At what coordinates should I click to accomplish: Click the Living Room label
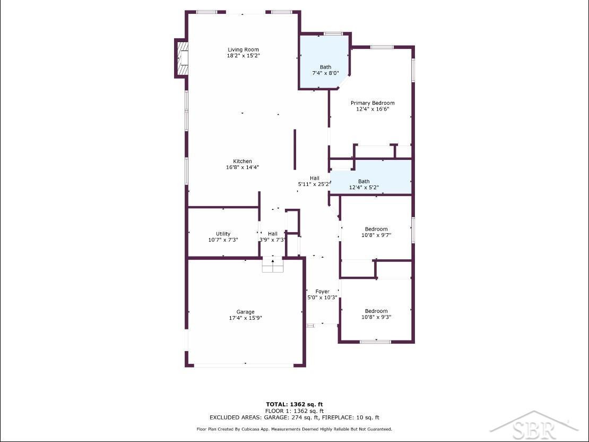click(x=243, y=49)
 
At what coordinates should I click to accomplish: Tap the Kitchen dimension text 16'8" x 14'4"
click(x=242, y=167)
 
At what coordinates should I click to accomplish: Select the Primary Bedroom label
click(x=373, y=103)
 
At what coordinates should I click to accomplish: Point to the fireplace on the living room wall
click(x=181, y=58)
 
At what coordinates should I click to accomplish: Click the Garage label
click(x=245, y=312)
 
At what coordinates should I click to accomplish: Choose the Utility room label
click(x=223, y=234)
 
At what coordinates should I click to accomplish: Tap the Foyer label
click(x=322, y=292)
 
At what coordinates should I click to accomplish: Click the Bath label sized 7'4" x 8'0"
click(x=326, y=67)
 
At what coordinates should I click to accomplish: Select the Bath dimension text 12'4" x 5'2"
click(x=364, y=188)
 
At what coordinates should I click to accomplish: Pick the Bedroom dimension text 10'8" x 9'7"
click(x=376, y=235)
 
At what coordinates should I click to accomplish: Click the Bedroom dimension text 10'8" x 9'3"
click(x=376, y=317)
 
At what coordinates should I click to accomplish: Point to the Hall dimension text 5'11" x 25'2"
click(x=314, y=184)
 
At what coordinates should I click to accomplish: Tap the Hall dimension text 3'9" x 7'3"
click(x=273, y=240)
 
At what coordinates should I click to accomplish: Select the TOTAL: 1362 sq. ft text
click(x=294, y=405)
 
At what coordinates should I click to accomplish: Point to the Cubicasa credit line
click(x=294, y=429)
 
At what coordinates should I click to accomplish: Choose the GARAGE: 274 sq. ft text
click(x=291, y=418)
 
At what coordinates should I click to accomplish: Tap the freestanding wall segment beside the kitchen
click(x=295, y=150)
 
